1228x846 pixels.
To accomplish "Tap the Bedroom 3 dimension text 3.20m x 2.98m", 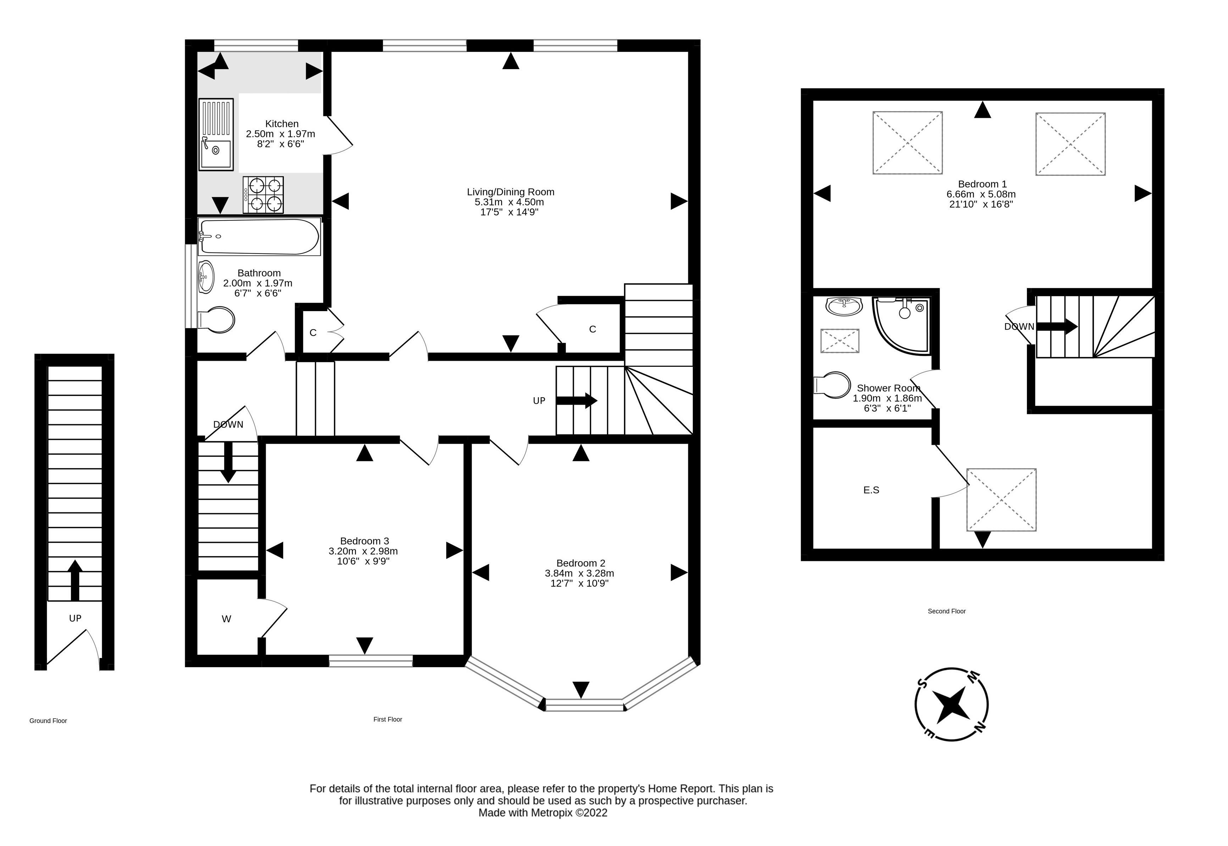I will pos(363,551).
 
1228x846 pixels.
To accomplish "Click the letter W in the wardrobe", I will pos(226,619).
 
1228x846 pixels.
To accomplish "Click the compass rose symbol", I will pos(951,705).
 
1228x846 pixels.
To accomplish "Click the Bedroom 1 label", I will pos(982,184).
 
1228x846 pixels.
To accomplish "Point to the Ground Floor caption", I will pos(48,720).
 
